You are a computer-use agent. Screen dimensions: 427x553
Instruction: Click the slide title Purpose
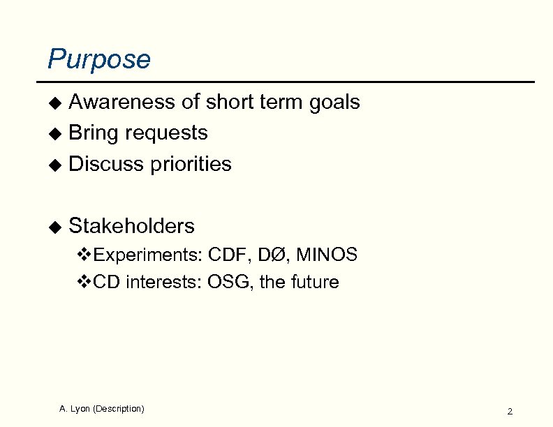coord(98,59)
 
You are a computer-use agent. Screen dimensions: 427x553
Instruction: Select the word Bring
coord(93,133)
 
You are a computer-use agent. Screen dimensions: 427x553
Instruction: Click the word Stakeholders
coord(132,226)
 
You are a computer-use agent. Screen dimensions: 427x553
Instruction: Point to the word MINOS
coord(327,255)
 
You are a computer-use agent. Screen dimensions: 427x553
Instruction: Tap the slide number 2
coord(510,412)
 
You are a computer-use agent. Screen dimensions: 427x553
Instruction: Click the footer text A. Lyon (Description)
coord(102,408)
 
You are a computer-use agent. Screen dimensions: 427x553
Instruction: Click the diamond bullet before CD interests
coord(83,283)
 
